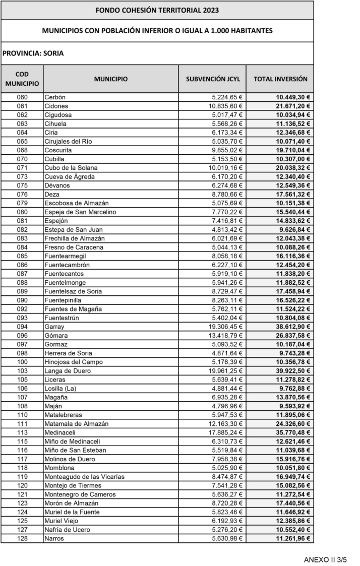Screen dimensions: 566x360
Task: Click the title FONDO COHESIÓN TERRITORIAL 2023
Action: tap(157, 10)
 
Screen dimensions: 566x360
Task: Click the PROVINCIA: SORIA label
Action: tap(33, 53)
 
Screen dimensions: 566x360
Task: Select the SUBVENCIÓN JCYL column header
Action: tap(213, 79)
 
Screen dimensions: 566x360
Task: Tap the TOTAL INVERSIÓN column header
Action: tap(280, 79)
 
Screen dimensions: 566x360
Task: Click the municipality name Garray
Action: tap(54, 327)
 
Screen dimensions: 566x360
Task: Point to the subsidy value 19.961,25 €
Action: tap(226, 371)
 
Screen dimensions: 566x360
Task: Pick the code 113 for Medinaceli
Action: tap(22, 432)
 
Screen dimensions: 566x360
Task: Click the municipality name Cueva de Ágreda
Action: tap(70, 176)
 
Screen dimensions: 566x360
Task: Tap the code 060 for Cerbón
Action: tap(22, 97)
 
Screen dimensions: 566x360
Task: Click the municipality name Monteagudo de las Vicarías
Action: tap(84, 477)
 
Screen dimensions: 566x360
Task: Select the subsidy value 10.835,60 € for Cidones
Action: tap(226, 106)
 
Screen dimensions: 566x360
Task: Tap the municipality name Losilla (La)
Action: tap(62, 389)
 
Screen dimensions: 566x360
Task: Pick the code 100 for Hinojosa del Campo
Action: tap(22, 362)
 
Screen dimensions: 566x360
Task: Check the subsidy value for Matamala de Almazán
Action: tap(226, 424)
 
